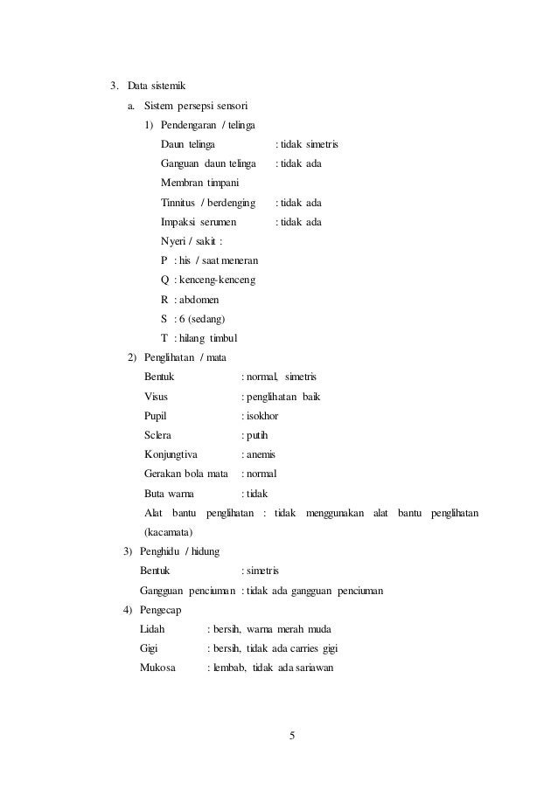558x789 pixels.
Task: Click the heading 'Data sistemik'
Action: (156, 86)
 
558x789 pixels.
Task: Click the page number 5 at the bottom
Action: (291, 736)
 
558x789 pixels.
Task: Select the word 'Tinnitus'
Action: (178, 203)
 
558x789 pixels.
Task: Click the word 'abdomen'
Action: (200, 300)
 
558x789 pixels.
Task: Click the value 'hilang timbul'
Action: (209, 338)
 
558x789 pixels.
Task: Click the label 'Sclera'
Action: (158, 435)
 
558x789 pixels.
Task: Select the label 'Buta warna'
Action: (170, 493)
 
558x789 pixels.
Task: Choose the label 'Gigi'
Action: (150, 648)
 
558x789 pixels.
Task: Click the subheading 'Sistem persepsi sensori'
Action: (196, 106)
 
